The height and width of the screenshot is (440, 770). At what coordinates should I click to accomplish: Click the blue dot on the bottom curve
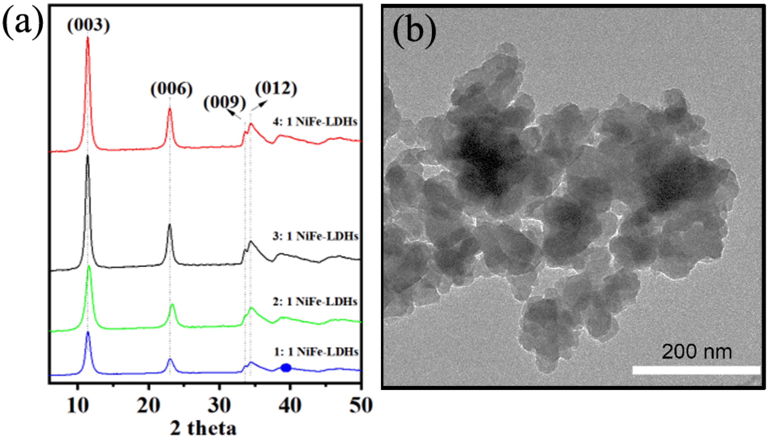coord(286,368)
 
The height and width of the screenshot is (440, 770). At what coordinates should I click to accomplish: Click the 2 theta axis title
coord(203,429)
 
